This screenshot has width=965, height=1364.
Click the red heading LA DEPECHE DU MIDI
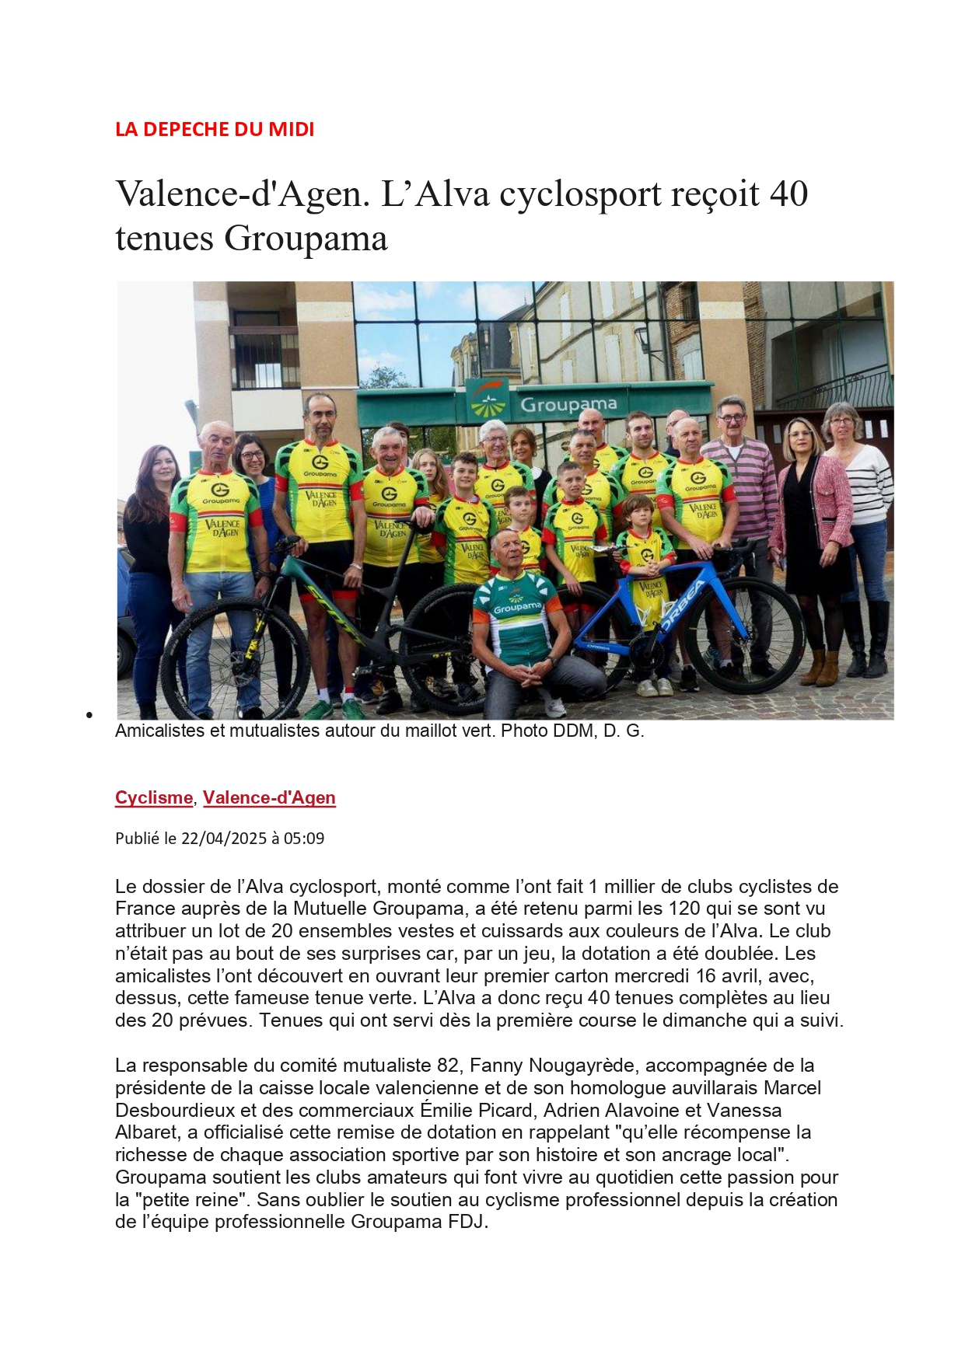[215, 129]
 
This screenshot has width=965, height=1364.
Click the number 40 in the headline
[788, 194]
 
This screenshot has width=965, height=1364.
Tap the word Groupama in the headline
[306, 238]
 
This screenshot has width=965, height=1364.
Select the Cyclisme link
[154, 797]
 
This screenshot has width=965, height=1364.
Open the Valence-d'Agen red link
[269, 797]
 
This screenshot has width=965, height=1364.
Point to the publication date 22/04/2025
[224, 839]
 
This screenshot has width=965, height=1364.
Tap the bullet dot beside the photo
[90, 715]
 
